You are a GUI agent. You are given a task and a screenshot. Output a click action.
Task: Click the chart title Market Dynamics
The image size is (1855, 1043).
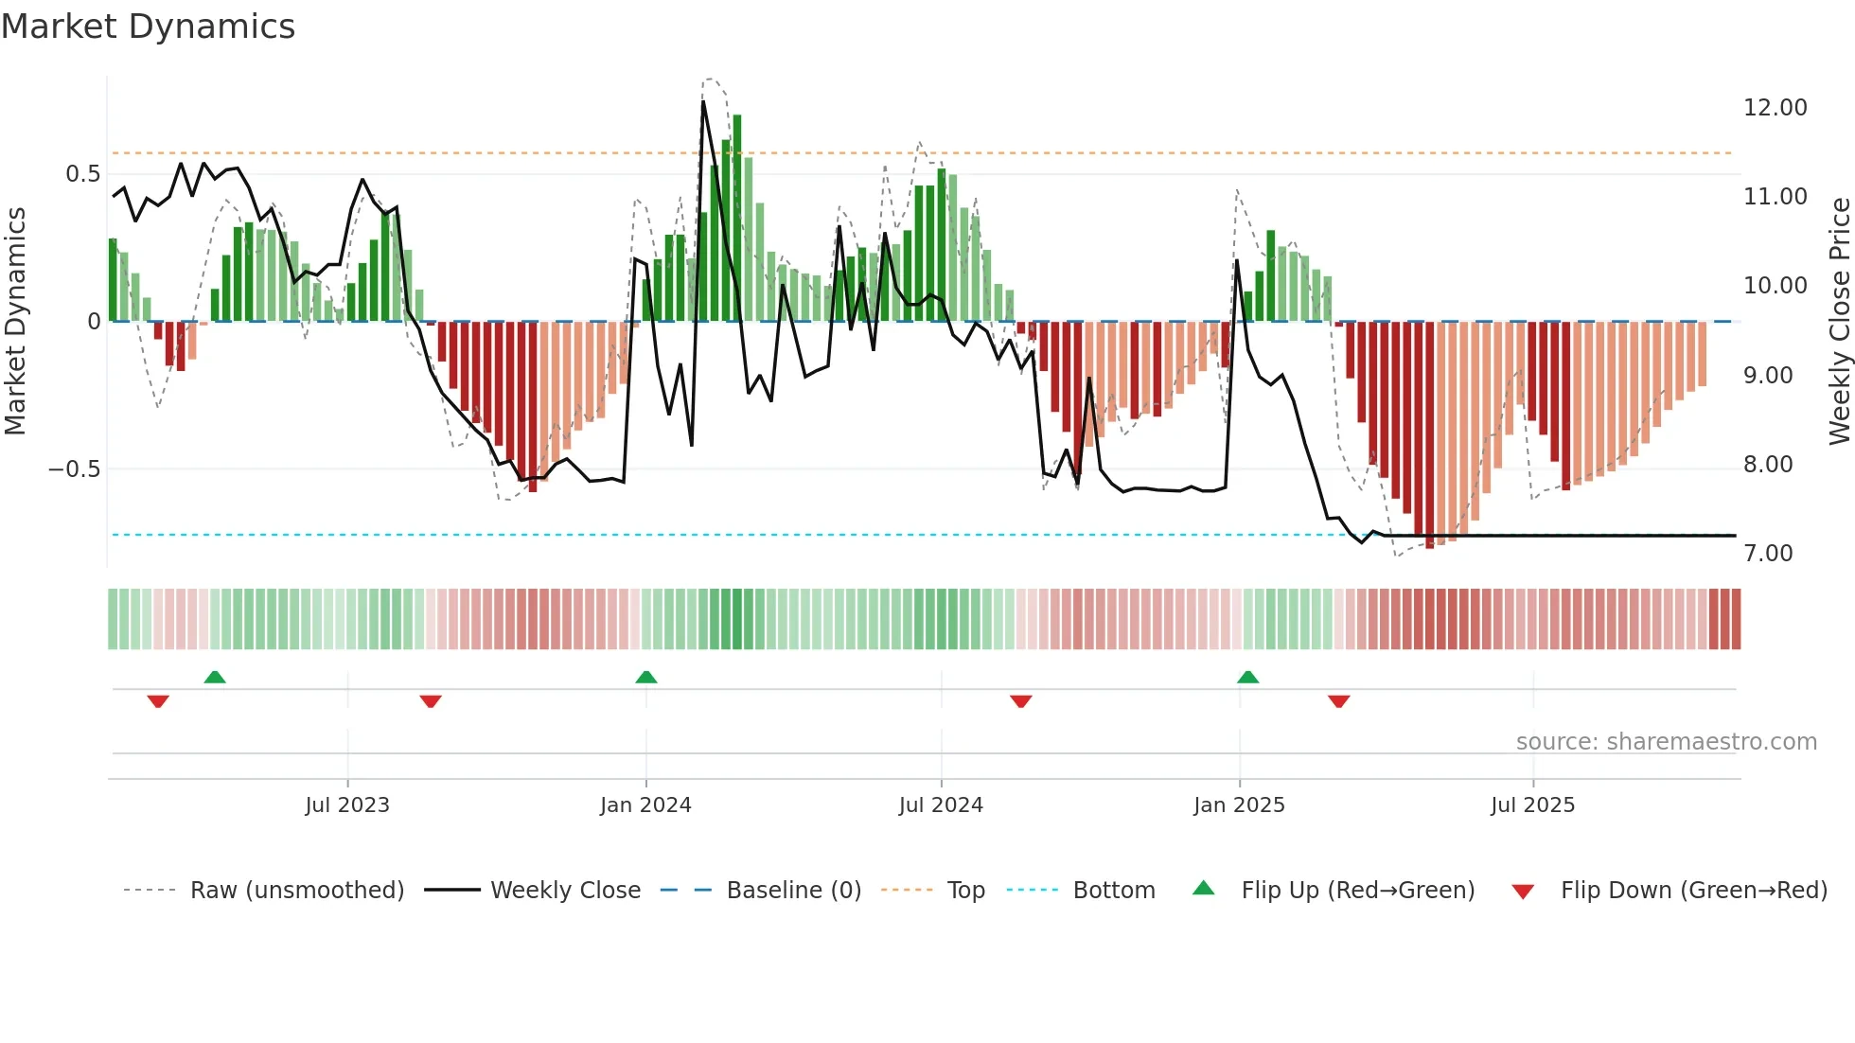coord(148,27)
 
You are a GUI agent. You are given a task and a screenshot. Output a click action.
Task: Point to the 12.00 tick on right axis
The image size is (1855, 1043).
coord(1775,108)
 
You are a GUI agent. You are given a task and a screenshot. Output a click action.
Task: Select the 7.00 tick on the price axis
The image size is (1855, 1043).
coord(1768,554)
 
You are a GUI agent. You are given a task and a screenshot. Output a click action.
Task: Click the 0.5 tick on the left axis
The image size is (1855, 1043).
coord(82,174)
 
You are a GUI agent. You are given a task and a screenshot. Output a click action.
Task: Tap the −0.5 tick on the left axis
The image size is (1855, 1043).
coord(74,469)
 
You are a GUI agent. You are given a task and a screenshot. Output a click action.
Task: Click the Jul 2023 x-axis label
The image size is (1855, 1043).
coord(347,805)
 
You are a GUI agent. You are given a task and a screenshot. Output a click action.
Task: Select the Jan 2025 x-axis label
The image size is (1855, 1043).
coord(1239,805)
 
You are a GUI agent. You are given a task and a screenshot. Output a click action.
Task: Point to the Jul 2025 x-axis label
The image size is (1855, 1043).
coord(1532,805)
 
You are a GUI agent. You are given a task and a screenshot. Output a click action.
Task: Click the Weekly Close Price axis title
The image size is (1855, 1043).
coord(1839,321)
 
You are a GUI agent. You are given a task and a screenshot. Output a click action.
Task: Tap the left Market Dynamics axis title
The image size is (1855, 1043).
coord(15,321)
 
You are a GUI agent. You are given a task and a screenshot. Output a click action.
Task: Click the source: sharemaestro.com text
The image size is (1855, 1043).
coord(1666,742)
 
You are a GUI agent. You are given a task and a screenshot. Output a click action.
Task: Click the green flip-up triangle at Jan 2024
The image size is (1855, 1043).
coord(646,678)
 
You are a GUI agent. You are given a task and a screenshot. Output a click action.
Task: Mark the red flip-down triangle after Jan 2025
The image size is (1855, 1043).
coord(1338,701)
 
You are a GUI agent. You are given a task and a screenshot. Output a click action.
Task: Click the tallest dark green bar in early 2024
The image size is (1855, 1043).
coord(737,218)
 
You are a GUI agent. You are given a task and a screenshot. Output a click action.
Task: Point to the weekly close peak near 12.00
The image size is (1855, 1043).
coord(703,102)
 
